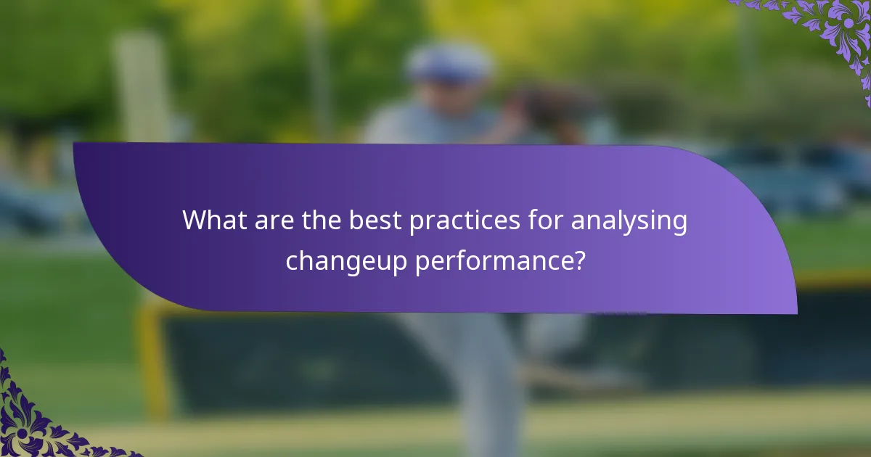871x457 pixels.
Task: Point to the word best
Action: [375, 221]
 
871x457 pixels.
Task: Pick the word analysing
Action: [629, 221]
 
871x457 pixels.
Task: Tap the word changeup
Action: [346, 260]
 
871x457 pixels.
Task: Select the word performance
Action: [495, 260]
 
